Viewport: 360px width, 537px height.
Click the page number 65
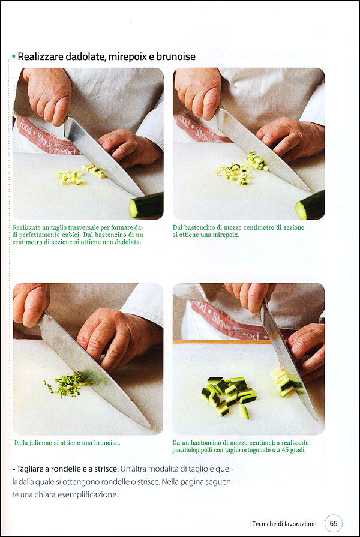(x=333, y=523)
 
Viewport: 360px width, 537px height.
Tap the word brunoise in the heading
(x=176, y=56)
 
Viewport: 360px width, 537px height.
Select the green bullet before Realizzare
(x=13, y=56)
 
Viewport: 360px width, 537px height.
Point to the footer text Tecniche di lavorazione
(x=284, y=524)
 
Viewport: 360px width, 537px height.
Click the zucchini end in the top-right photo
(x=310, y=205)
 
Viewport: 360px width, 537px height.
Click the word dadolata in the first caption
(x=128, y=242)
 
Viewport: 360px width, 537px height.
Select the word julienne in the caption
(x=40, y=442)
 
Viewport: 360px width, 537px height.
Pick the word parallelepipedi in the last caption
(x=192, y=450)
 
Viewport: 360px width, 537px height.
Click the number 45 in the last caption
(x=285, y=449)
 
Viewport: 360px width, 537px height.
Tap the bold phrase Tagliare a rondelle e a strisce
(x=68, y=469)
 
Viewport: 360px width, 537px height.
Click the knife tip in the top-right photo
(x=310, y=190)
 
